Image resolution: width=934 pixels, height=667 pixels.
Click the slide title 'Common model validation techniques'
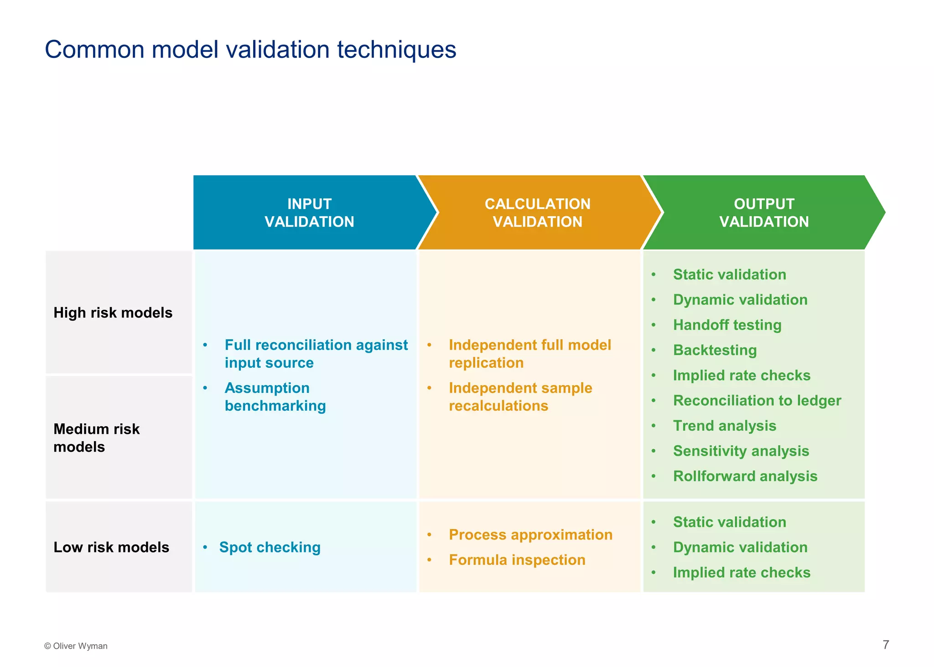click(250, 49)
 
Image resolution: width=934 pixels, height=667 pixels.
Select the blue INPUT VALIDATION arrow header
click(309, 213)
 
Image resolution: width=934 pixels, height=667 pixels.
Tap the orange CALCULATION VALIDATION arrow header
click(537, 213)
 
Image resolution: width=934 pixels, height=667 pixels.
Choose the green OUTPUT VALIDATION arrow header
click(763, 213)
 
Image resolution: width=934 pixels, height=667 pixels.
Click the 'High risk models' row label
click(113, 313)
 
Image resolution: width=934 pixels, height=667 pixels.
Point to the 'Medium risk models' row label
click(96, 438)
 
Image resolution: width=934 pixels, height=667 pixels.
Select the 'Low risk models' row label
click(111, 547)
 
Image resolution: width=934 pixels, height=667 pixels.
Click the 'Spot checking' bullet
click(270, 547)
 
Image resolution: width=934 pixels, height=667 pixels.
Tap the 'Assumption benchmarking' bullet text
click(275, 397)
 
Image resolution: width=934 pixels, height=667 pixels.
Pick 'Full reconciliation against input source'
click(316, 354)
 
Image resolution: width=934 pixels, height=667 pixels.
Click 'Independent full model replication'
click(529, 354)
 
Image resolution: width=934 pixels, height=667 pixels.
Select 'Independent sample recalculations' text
click(520, 397)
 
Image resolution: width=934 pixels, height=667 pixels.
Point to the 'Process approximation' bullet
click(530, 535)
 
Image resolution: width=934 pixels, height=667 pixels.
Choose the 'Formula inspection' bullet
click(517, 560)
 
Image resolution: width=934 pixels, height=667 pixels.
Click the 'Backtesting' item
click(715, 350)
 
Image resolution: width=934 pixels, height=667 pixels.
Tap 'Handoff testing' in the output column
click(727, 325)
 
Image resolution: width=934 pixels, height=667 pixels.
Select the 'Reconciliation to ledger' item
click(757, 401)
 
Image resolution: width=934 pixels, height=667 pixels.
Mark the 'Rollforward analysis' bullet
click(745, 476)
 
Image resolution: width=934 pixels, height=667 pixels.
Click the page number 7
click(886, 645)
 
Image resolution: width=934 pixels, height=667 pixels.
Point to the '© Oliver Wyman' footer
click(76, 646)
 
